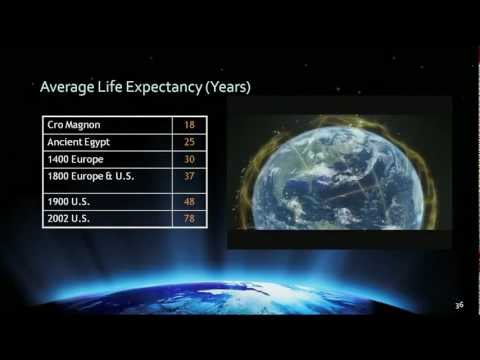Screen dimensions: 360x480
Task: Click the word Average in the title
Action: point(68,87)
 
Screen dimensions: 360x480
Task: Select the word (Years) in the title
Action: point(227,87)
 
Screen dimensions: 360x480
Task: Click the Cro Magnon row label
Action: point(73,125)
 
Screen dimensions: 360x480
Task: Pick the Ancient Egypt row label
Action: point(79,143)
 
